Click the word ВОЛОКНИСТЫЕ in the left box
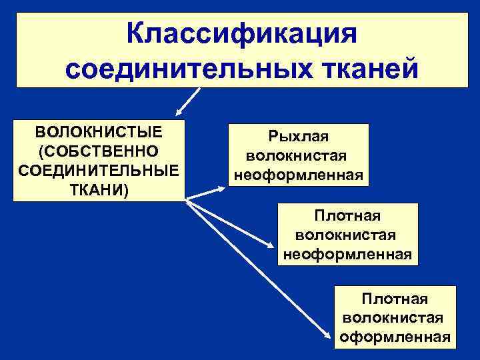(x=98, y=129)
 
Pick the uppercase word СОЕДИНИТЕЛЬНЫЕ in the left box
(x=98, y=171)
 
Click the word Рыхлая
(x=299, y=137)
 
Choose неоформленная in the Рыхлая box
(x=298, y=175)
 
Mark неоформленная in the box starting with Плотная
(x=347, y=254)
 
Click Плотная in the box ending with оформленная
(x=395, y=298)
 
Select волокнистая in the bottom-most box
(x=393, y=317)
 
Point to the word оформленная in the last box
(x=395, y=337)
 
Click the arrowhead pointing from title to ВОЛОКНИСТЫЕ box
(x=178, y=113)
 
